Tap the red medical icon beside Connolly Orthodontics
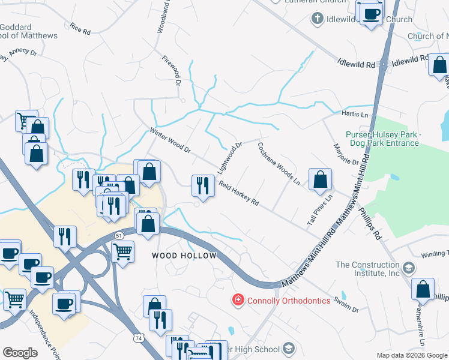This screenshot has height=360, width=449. [x=239, y=299]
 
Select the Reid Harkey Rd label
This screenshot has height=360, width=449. [x=238, y=194]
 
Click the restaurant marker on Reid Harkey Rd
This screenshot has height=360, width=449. [x=203, y=186]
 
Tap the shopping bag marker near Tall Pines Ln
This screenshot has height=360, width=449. [x=321, y=179]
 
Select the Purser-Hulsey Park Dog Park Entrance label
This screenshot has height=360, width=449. [x=382, y=139]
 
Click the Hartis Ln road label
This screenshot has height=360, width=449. [x=355, y=115]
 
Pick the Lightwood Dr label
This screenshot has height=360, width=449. [x=231, y=154]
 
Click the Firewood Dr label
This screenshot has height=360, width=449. [x=172, y=71]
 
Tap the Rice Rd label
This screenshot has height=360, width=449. [x=80, y=28]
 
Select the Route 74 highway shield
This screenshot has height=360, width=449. [x=139, y=338]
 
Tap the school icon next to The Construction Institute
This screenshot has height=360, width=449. [x=408, y=268]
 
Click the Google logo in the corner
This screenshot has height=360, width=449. [x=20, y=353]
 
